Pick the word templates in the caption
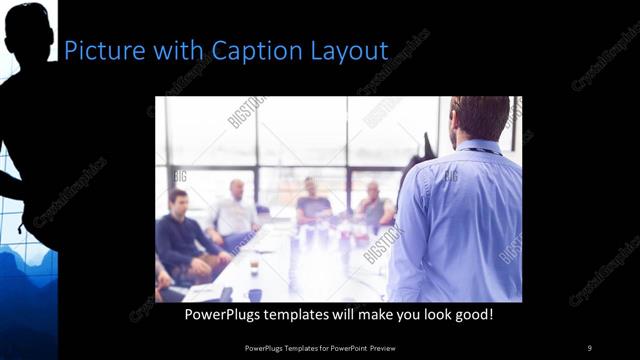click(x=308, y=315)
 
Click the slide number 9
click(x=589, y=347)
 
